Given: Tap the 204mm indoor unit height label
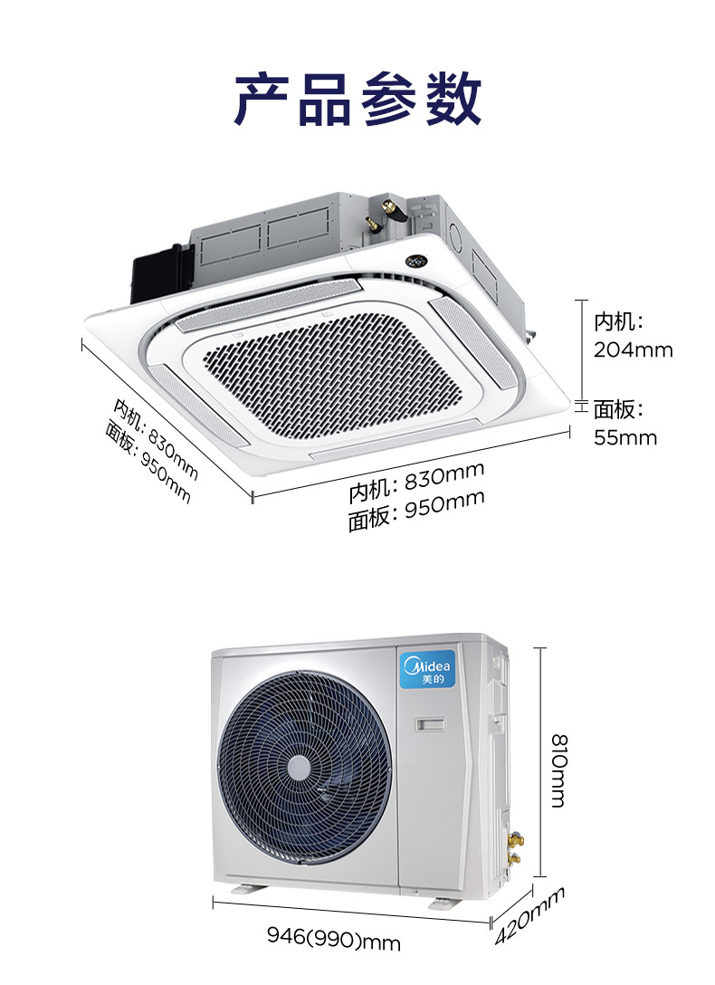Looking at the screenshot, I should (x=633, y=349).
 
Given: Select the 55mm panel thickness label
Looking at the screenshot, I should (x=624, y=437).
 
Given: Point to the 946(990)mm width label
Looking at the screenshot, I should (x=333, y=941).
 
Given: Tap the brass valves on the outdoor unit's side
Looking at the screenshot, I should (x=515, y=846).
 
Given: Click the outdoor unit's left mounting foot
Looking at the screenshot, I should (x=245, y=890).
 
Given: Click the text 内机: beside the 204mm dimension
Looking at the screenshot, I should (x=617, y=321).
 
